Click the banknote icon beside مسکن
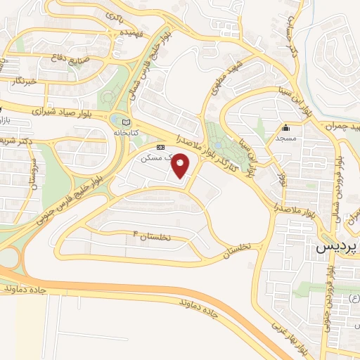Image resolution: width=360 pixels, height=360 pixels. pos(161,147)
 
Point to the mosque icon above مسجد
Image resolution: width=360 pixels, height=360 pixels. pos(285,128)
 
